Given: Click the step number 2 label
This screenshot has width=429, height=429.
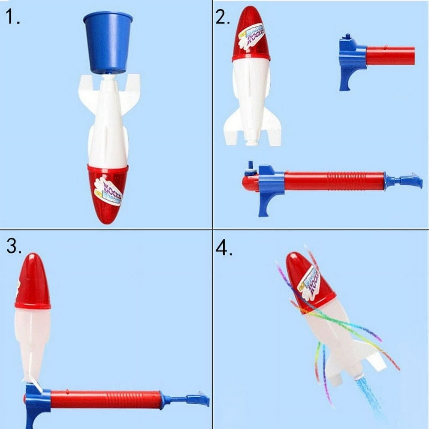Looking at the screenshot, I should coord(223,17).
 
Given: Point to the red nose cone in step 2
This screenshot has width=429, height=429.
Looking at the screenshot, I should coord(251,34).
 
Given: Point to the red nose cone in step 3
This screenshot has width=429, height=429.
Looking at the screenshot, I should coord(33,283).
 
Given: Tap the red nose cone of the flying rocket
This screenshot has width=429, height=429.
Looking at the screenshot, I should coord(307,279).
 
